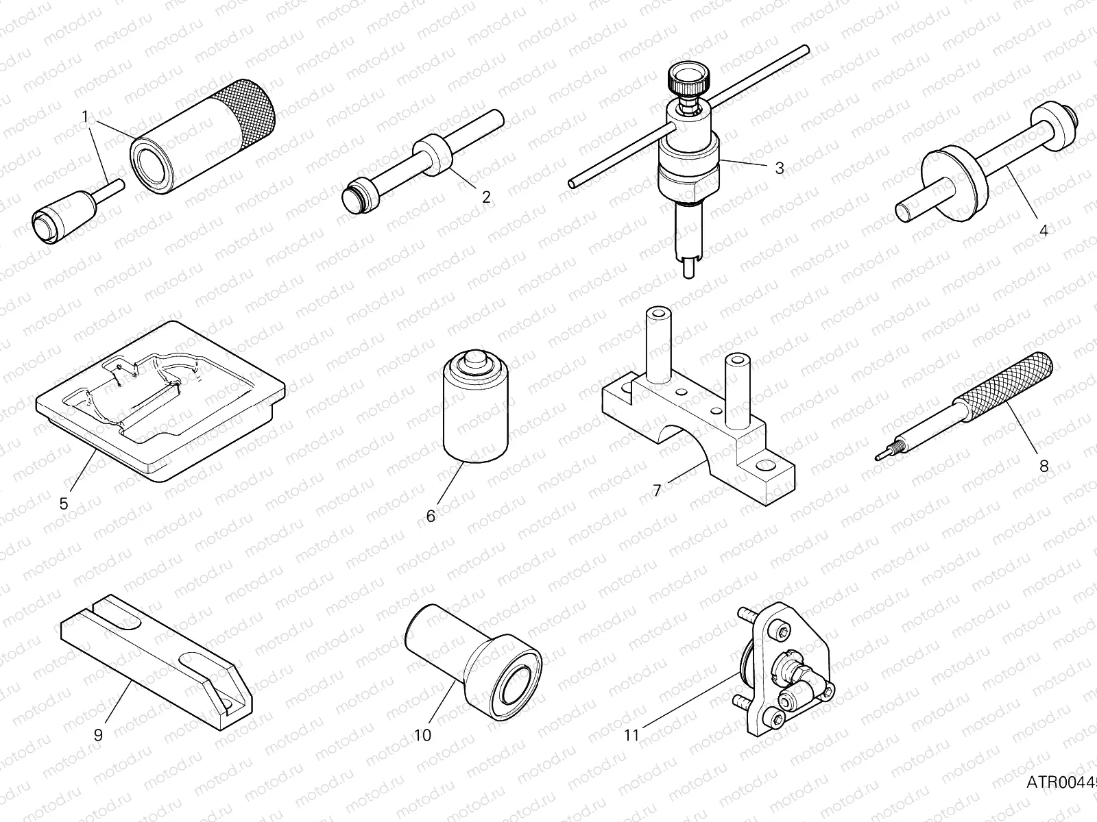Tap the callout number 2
click(486, 197)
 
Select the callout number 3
click(779, 168)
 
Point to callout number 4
click(1044, 231)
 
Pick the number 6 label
click(431, 516)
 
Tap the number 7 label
click(657, 491)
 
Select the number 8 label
click(1044, 466)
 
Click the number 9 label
click(98, 735)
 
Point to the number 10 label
click(423, 735)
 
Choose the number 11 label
click(631, 735)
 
